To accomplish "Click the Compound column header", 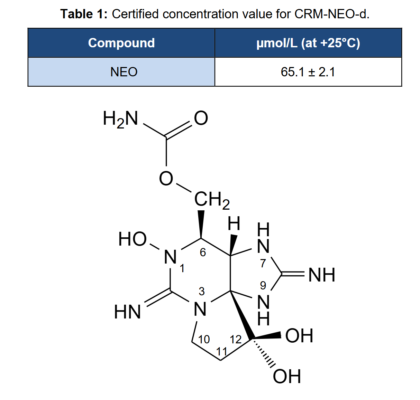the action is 121,43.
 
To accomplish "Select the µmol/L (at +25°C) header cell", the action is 308,43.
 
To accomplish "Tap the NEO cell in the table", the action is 121,72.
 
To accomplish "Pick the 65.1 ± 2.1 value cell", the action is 308,72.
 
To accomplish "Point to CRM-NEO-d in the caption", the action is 332,14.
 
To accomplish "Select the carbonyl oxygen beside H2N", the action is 201,118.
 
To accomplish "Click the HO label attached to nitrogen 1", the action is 133,239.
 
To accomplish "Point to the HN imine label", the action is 127,312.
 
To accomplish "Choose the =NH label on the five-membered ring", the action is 322,275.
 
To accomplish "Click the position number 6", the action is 203,253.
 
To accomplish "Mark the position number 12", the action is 235,340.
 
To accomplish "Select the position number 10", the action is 204,340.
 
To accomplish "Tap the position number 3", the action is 202,292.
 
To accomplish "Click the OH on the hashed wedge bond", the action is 287,376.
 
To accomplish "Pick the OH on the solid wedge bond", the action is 299,335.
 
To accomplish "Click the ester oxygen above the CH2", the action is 166,179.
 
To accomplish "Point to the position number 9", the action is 263,285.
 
